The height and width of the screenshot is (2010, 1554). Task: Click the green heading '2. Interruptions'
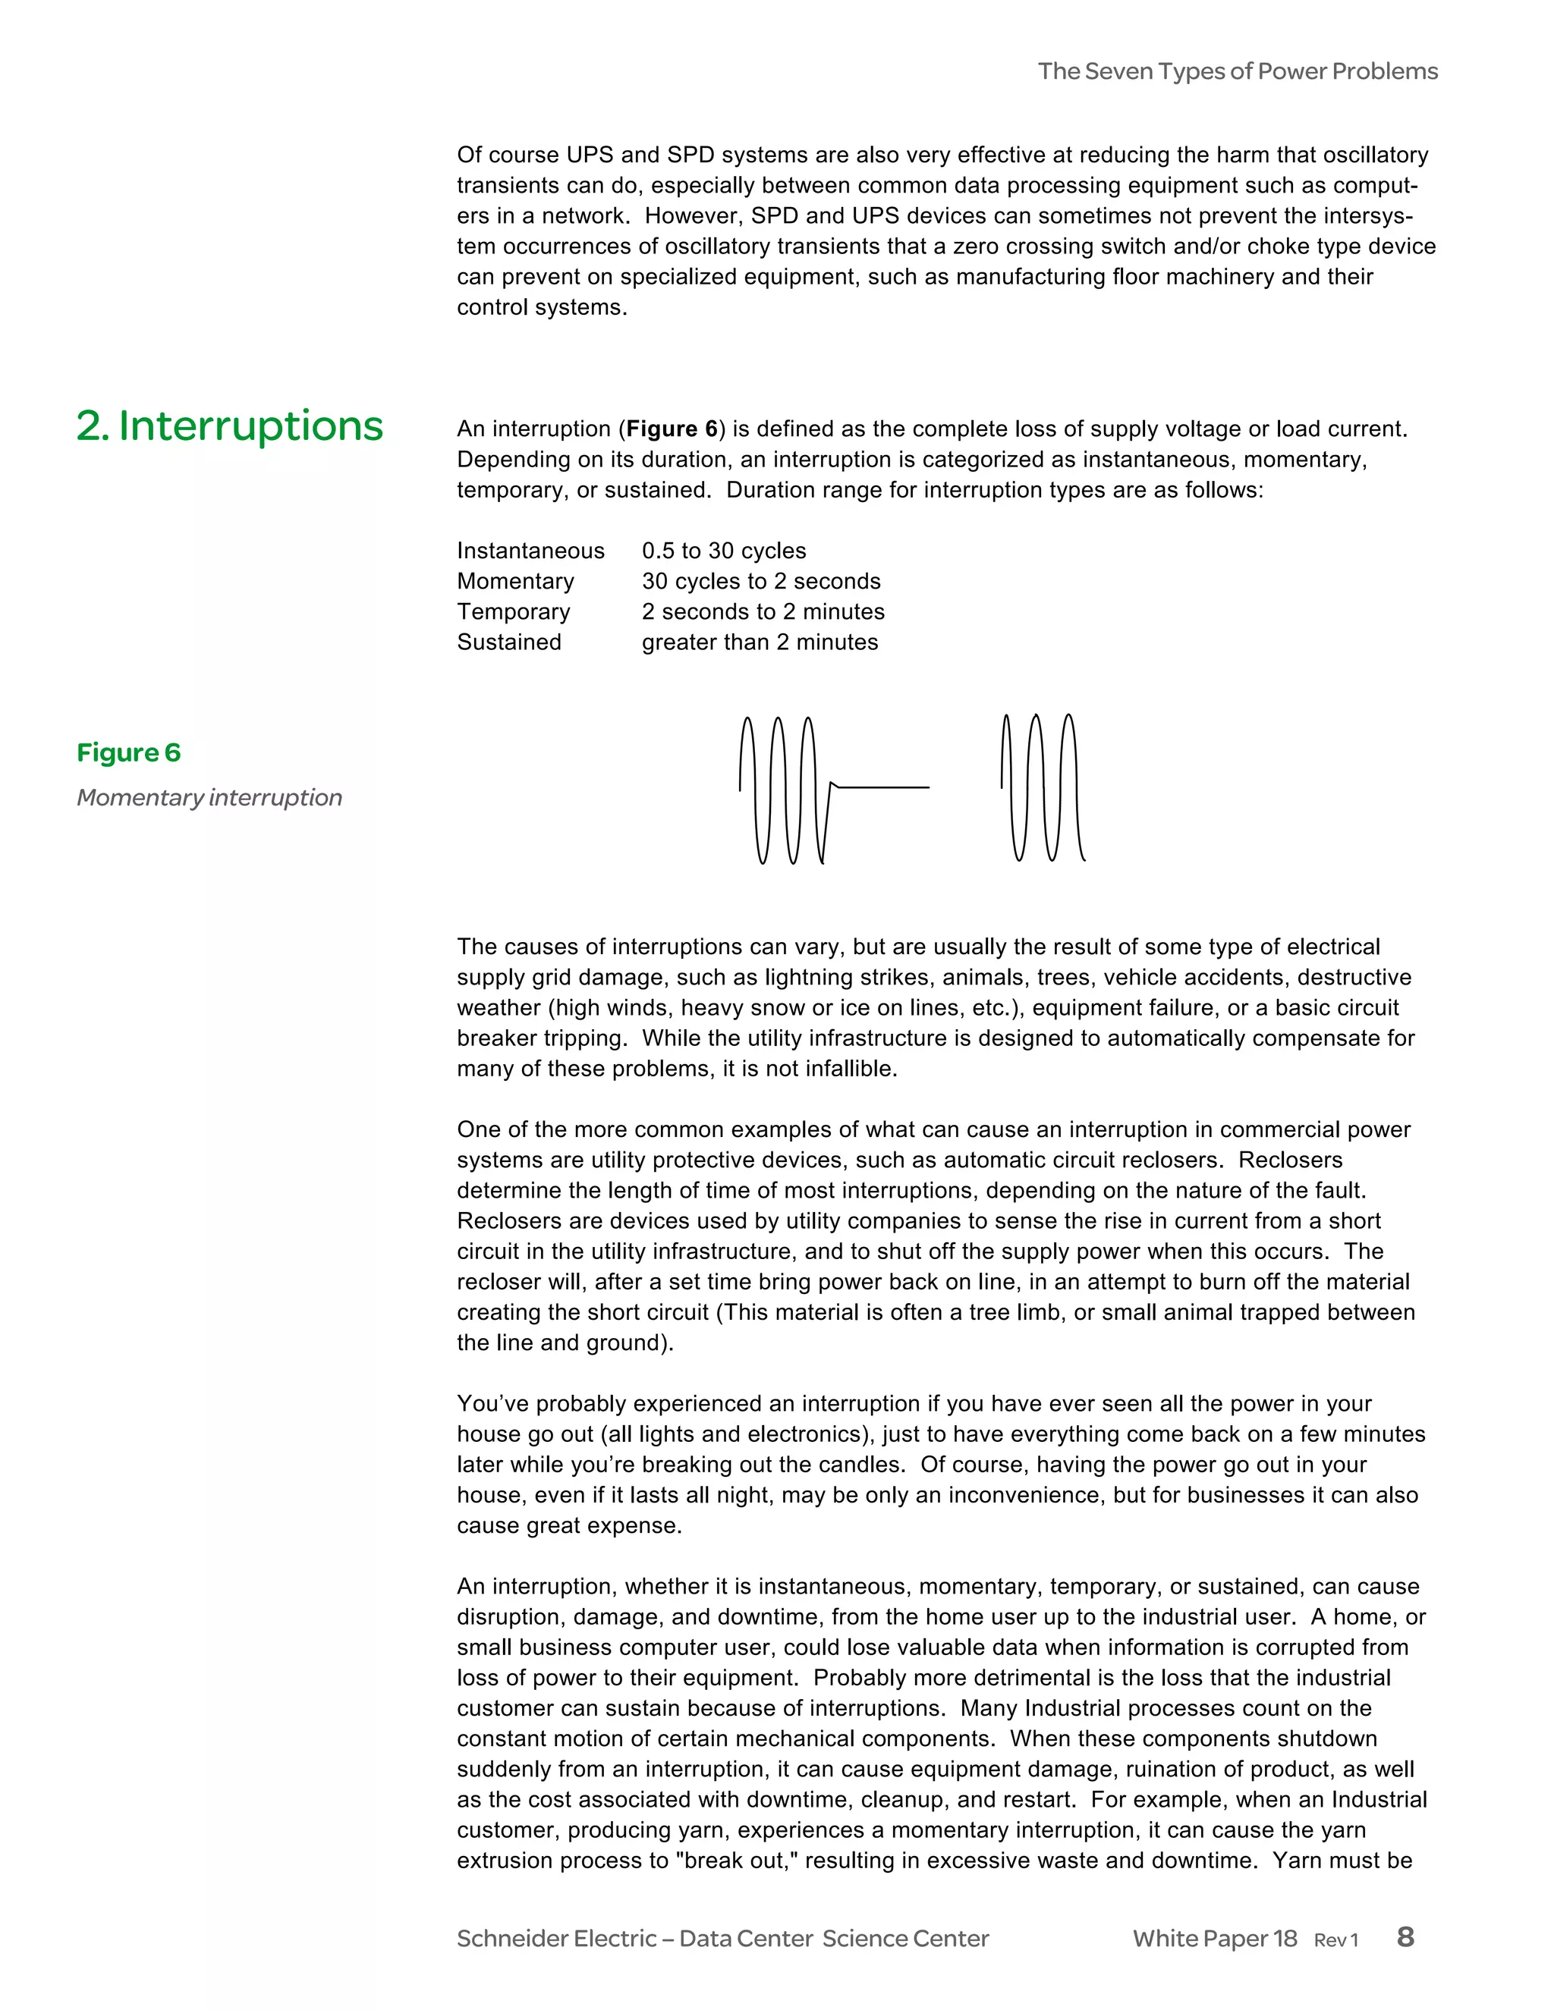(x=229, y=426)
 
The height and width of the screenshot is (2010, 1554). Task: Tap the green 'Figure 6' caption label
(x=129, y=753)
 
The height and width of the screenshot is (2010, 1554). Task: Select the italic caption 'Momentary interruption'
(x=209, y=797)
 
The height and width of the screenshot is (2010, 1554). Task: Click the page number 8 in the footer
(x=1405, y=1936)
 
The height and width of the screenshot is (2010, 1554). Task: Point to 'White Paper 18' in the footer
(x=1214, y=1938)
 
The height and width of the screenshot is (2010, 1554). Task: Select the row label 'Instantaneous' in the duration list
(x=530, y=551)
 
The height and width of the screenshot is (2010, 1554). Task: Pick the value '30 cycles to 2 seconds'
(x=760, y=581)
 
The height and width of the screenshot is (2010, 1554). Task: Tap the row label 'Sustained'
(x=509, y=642)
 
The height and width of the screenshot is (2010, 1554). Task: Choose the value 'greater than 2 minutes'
(x=760, y=642)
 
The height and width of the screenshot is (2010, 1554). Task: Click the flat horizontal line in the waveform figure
(x=882, y=787)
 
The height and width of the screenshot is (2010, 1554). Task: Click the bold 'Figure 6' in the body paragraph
(x=671, y=429)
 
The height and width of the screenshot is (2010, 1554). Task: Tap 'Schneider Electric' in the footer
(x=556, y=1938)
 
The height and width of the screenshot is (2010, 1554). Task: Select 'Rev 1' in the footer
(x=1335, y=1940)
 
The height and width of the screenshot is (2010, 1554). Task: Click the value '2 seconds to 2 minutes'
(x=763, y=611)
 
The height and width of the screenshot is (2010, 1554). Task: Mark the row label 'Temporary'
(x=513, y=611)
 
